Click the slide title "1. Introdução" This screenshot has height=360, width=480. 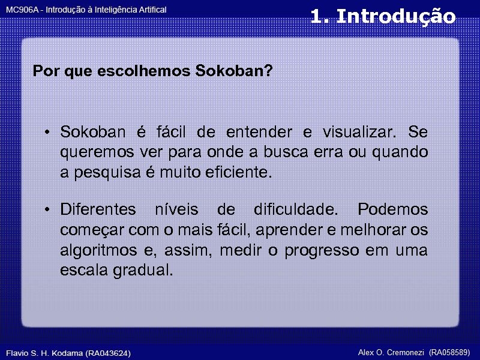point(383,16)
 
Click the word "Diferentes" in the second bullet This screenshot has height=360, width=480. point(98,210)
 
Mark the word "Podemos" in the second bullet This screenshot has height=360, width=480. point(392,210)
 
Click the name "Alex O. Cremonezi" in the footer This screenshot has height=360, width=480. point(391,352)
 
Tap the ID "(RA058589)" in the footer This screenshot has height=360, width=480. point(449,352)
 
